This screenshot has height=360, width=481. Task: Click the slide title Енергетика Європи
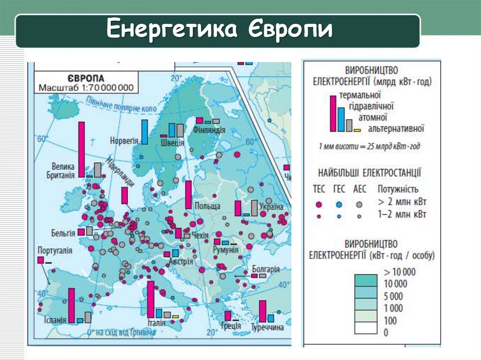[x=219, y=31]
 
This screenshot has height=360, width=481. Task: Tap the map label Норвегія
[x=124, y=140]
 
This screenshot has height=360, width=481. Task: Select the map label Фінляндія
[x=209, y=130]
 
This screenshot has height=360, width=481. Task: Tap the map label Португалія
[x=55, y=251]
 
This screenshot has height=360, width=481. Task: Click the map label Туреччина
[x=267, y=327]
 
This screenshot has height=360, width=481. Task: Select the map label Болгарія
[x=265, y=269]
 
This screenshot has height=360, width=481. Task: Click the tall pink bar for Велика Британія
[x=81, y=149]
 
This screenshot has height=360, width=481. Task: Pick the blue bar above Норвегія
[x=145, y=132]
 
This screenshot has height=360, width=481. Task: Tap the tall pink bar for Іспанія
[x=71, y=305]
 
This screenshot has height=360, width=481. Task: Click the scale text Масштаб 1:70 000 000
[x=86, y=87]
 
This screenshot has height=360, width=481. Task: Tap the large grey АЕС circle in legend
[x=359, y=204]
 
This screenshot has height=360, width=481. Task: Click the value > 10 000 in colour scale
[x=400, y=272]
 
